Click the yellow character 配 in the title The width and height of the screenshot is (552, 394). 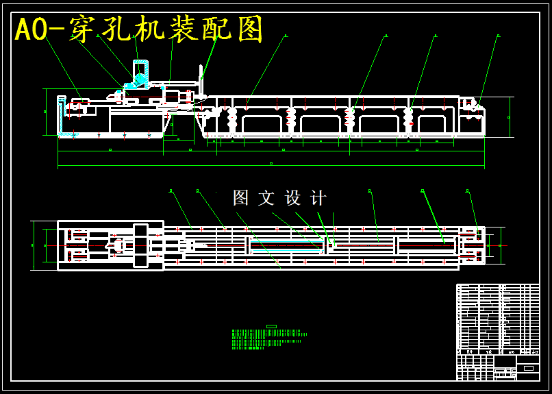(215, 29)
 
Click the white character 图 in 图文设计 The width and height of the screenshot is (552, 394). (241, 198)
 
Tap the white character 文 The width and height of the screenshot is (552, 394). (266, 198)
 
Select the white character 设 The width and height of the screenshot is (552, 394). (292, 198)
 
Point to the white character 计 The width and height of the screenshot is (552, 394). (318, 198)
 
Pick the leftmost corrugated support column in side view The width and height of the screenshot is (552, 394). (232, 121)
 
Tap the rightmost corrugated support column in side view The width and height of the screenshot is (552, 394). (408, 121)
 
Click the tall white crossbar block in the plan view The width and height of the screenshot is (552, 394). (141, 245)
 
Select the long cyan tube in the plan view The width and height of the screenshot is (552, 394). (286, 245)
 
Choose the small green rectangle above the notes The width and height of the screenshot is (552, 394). (271, 326)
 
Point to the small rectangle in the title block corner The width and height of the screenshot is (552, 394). (529, 368)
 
